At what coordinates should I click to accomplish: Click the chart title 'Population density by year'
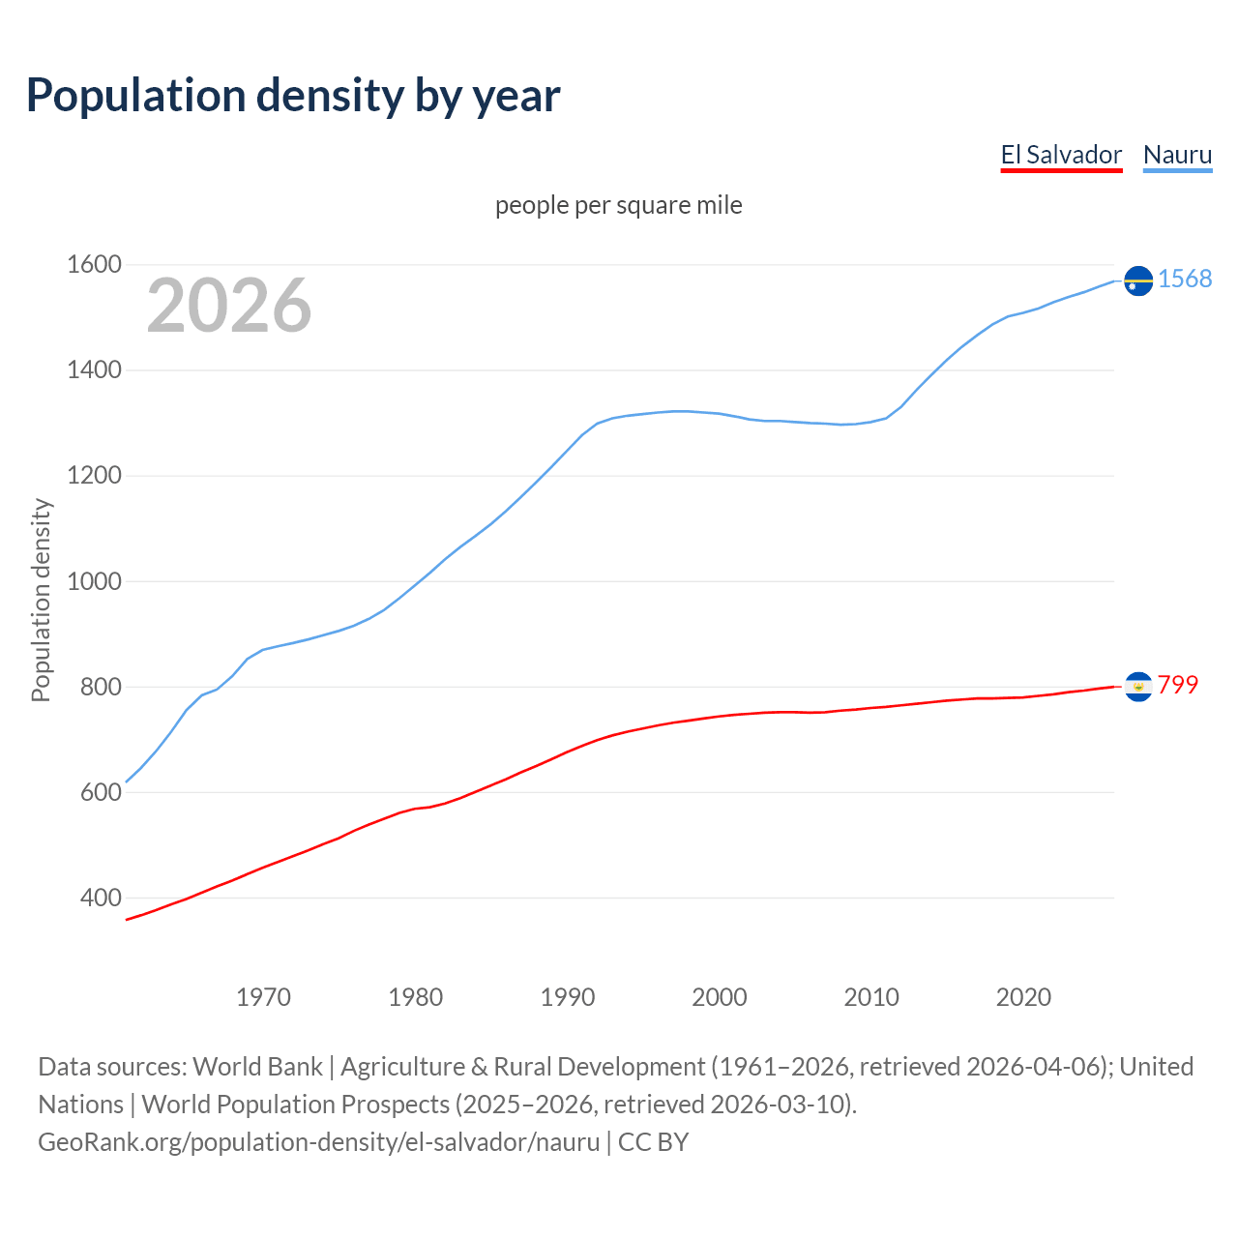click(293, 96)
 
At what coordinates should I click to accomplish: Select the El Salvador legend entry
click(1061, 155)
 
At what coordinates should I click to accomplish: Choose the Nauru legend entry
click(1177, 155)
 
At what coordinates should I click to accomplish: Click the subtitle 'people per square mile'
click(618, 205)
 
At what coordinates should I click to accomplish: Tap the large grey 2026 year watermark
click(229, 306)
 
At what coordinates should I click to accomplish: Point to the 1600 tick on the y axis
click(94, 264)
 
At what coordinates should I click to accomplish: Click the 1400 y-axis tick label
click(94, 369)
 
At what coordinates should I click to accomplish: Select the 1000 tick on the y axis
click(94, 581)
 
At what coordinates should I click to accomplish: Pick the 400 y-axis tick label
click(100, 898)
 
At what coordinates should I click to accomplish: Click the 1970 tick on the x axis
click(263, 997)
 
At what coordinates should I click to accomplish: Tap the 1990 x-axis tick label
click(568, 997)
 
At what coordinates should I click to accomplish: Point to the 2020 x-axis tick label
click(1023, 997)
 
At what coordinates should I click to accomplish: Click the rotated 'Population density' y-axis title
click(41, 600)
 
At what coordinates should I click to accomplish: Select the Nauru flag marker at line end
click(1138, 280)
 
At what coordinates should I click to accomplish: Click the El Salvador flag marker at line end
click(1138, 687)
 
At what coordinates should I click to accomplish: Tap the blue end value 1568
click(1185, 279)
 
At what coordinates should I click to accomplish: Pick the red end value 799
click(1178, 685)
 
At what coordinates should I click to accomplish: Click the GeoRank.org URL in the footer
click(319, 1141)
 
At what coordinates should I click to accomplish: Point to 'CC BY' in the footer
click(653, 1141)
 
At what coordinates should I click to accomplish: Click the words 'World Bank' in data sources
click(257, 1066)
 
